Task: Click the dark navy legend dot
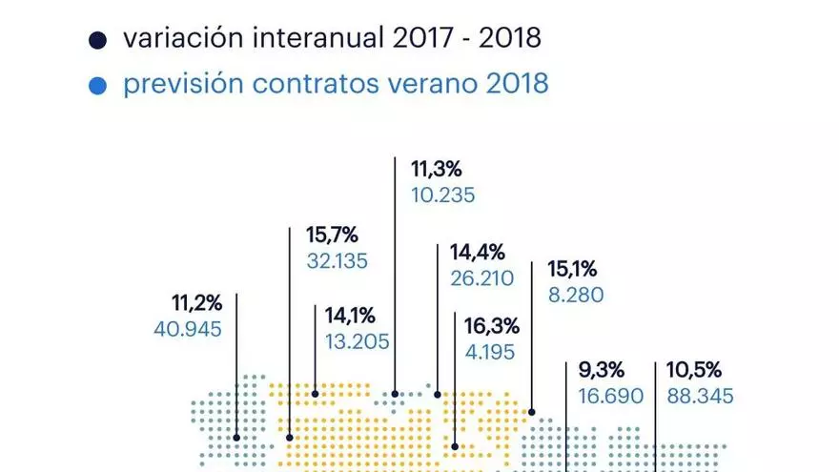click(x=96, y=40)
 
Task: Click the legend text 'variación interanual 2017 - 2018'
click(x=332, y=39)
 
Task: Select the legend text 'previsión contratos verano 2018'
click(x=336, y=84)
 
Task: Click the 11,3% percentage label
click(x=437, y=170)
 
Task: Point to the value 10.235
click(x=442, y=195)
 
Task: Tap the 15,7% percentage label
click(x=332, y=235)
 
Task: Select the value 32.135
click(x=338, y=260)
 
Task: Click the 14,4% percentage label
click(x=477, y=253)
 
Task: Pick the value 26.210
click(x=481, y=278)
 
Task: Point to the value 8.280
click(x=576, y=296)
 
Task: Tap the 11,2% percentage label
click(x=197, y=304)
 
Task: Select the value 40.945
click(x=188, y=330)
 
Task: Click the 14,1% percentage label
click(x=350, y=316)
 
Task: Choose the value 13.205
click(x=357, y=341)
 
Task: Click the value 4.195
click(x=490, y=352)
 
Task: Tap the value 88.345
click(x=699, y=396)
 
